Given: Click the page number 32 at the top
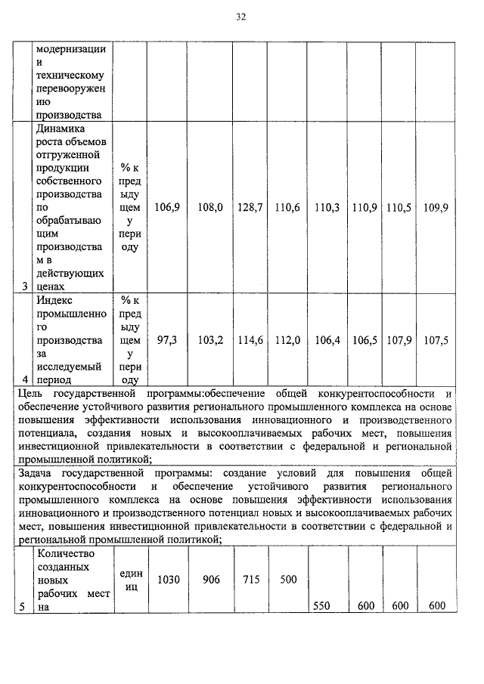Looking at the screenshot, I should point(241,17).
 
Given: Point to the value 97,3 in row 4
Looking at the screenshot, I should point(166,341).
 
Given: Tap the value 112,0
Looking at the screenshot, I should point(287,341).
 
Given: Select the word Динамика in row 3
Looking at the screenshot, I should point(57,128).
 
